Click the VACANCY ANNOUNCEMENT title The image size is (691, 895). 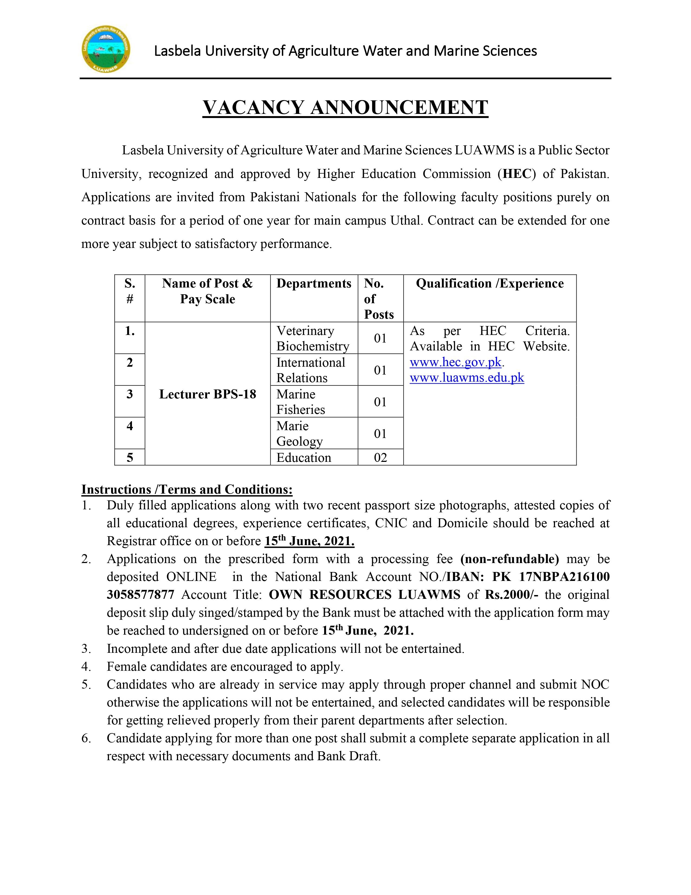tap(345, 107)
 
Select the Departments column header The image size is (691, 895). tap(314, 284)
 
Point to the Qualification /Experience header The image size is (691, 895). tap(490, 284)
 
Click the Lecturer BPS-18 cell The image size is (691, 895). tap(208, 394)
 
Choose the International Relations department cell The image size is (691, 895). tap(311, 370)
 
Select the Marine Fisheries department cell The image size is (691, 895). tap(301, 402)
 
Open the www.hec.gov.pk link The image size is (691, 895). tap(456, 363)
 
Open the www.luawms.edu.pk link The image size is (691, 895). tap(467, 378)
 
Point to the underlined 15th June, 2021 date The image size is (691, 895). tap(309, 541)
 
